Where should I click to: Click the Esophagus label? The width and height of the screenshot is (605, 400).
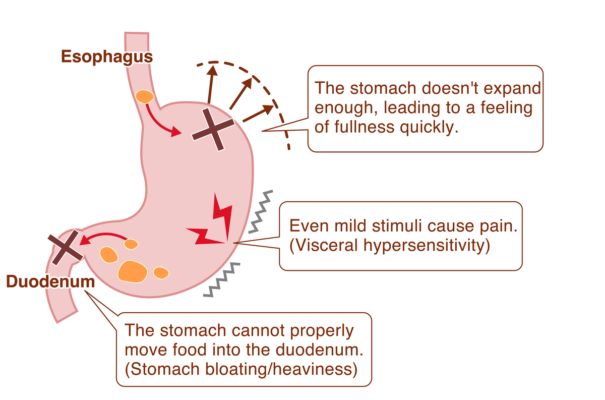click(107, 56)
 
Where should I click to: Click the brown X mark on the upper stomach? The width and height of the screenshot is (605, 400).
click(214, 129)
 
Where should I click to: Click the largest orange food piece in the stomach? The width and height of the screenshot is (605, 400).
click(133, 271)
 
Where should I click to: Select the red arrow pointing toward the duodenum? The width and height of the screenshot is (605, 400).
click(103, 237)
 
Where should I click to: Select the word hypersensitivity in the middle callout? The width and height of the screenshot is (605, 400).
click(423, 245)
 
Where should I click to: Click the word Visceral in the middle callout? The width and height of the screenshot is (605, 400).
click(321, 245)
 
